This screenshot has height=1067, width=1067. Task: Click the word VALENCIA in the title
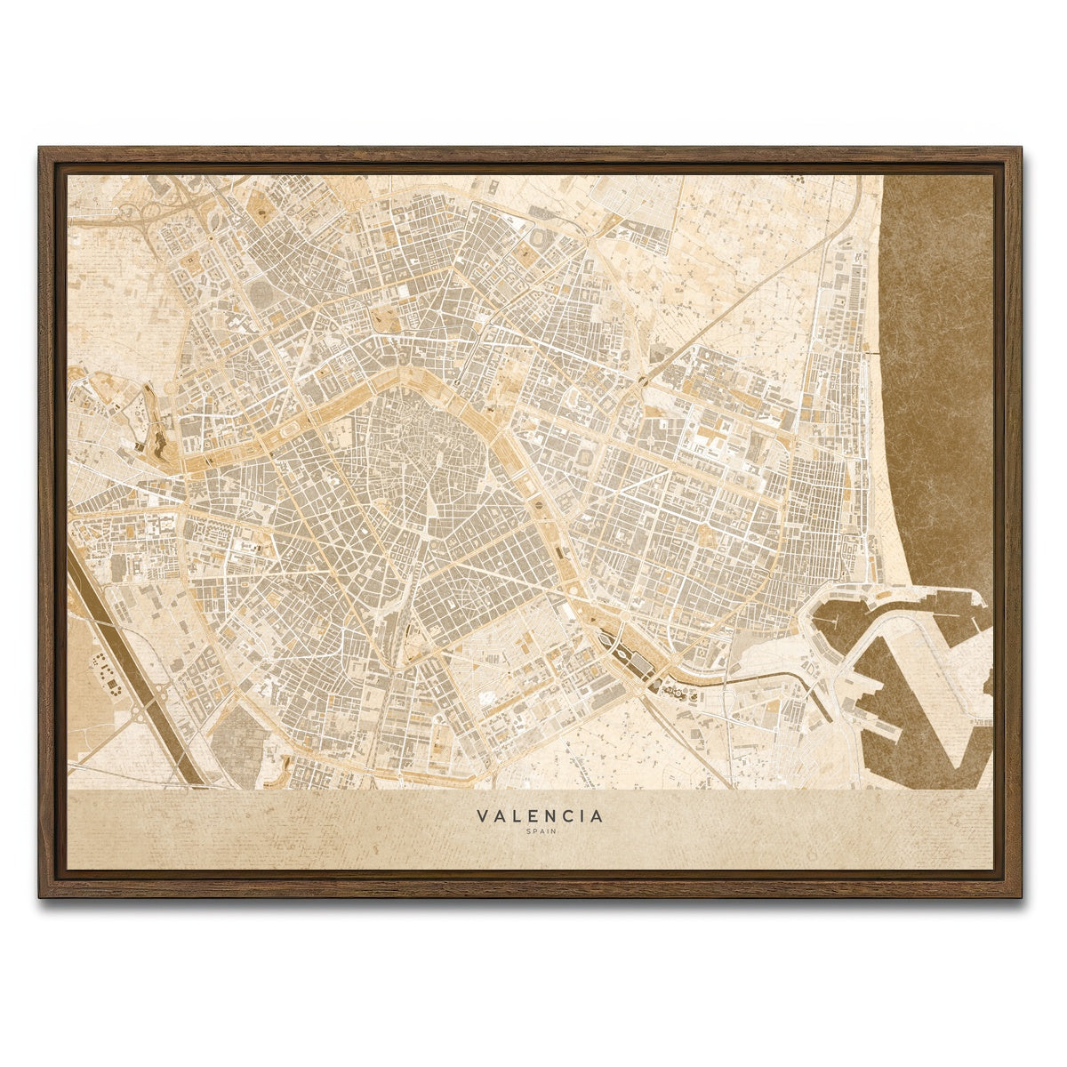click(x=539, y=815)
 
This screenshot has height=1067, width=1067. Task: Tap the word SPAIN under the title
click(x=539, y=832)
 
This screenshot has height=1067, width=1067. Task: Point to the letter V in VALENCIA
click(x=481, y=815)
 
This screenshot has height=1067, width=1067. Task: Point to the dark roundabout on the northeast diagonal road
click(x=642, y=381)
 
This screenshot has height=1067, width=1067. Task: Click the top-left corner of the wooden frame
click(x=41, y=149)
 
